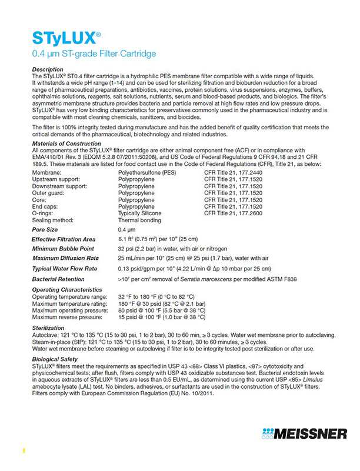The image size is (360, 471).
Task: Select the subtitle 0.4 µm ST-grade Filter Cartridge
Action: click(94, 55)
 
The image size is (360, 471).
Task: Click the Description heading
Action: click(48, 69)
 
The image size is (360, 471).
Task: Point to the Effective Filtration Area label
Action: click(64, 240)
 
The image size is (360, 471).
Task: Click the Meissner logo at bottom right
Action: click(305, 435)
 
